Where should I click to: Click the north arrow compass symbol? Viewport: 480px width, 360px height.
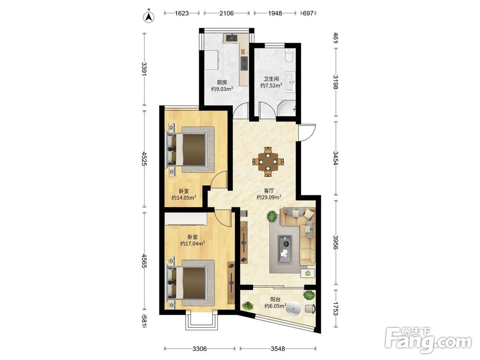pos(149,16)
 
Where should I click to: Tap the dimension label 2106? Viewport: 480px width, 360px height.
pos(227,13)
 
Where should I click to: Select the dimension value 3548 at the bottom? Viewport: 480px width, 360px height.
pos(277,348)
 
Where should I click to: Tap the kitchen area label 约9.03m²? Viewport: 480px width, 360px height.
pos(222,89)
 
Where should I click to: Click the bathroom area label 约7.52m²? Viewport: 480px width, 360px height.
pos(271,86)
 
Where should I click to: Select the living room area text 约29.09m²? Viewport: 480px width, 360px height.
pos(269,197)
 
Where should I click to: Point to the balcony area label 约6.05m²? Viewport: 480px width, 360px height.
pos(275,306)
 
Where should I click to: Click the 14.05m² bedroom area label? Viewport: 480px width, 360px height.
pos(184,198)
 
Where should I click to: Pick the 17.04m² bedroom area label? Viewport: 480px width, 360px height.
pos(192,244)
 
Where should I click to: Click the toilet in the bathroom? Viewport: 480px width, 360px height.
pos(289,55)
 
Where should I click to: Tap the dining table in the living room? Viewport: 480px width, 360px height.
pos(268,161)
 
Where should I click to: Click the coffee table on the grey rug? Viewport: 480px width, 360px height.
pos(285,250)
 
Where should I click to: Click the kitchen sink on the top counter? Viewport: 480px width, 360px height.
pos(232,38)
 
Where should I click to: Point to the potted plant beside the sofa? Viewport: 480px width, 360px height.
pos(272,216)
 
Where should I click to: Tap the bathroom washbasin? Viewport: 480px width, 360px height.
pos(290,82)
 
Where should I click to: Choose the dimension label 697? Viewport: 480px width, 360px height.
pos(308,13)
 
